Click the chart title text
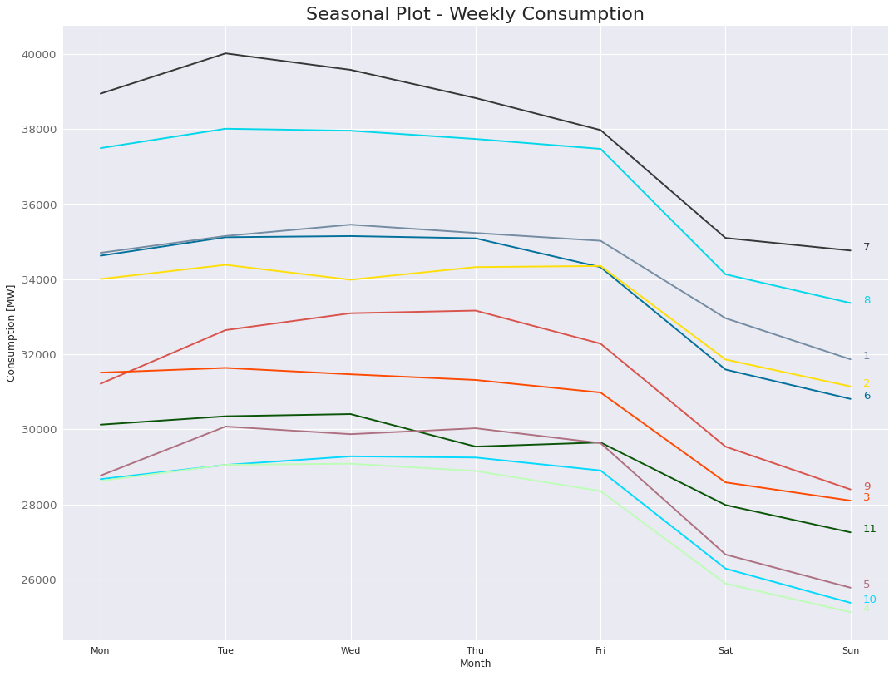point(475,14)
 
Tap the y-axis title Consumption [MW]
point(11,333)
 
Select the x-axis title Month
point(475,664)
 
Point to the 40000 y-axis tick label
point(39,55)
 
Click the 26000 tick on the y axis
point(39,580)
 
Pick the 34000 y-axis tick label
point(39,280)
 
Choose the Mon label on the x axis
point(100,650)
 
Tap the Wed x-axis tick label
point(350,650)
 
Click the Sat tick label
point(725,650)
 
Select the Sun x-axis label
point(850,650)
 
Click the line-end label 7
point(867,247)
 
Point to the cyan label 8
point(867,300)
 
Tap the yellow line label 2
point(867,383)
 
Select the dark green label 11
point(869,529)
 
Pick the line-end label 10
point(869,600)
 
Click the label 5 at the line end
point(867,585)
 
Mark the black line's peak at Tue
point(225,53)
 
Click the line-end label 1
point(867,356)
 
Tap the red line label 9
point(867,486)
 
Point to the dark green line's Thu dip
point(476,447)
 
